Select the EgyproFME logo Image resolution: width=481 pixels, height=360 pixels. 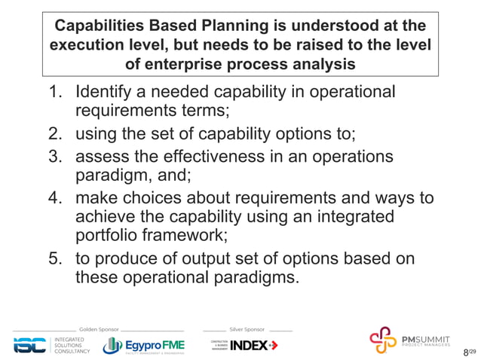(x=143, y=345)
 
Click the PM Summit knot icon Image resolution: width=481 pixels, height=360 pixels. (x=382, y=340)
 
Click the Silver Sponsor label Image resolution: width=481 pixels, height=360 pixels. (x=247, y=330)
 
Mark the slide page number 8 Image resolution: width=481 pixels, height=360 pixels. (x=465, y=352)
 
